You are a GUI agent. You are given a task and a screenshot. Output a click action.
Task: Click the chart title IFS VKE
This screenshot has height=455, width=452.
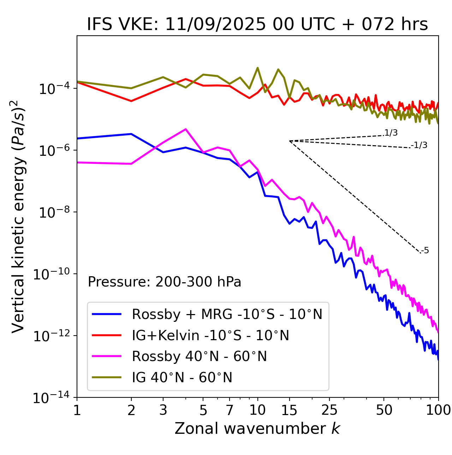(257, 24)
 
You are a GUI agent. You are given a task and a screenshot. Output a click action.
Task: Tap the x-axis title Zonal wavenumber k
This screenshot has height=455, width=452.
(257, 428)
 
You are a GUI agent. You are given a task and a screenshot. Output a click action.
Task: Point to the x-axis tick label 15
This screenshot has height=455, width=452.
(289, 410)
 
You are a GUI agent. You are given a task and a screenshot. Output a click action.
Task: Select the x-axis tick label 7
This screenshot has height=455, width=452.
(230, 410)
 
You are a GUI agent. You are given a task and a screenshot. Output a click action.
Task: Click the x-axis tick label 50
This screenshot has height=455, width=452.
(384, 410)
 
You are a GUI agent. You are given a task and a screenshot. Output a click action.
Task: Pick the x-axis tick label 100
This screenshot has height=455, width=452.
(438, 410)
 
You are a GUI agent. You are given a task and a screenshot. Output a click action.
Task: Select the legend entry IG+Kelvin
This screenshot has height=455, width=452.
(210, 335)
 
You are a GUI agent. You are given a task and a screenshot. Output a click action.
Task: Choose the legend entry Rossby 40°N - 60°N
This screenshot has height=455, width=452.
(199, 356)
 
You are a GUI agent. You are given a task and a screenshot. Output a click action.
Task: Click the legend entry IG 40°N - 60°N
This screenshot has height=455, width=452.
(182, 378)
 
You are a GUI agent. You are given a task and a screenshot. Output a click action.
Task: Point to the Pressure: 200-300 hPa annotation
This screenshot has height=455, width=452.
(165, 282)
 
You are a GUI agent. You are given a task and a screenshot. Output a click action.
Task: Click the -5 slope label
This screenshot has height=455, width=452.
(425, 251)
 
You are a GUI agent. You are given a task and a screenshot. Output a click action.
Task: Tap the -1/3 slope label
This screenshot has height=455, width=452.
(420, 145)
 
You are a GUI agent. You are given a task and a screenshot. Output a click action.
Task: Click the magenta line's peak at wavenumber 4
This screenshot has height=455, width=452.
(186, 129)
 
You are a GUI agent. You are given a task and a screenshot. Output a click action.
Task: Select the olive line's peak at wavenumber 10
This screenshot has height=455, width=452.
(257, 68)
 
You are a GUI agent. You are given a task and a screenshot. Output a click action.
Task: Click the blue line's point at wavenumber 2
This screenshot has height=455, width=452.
(131, 134)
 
